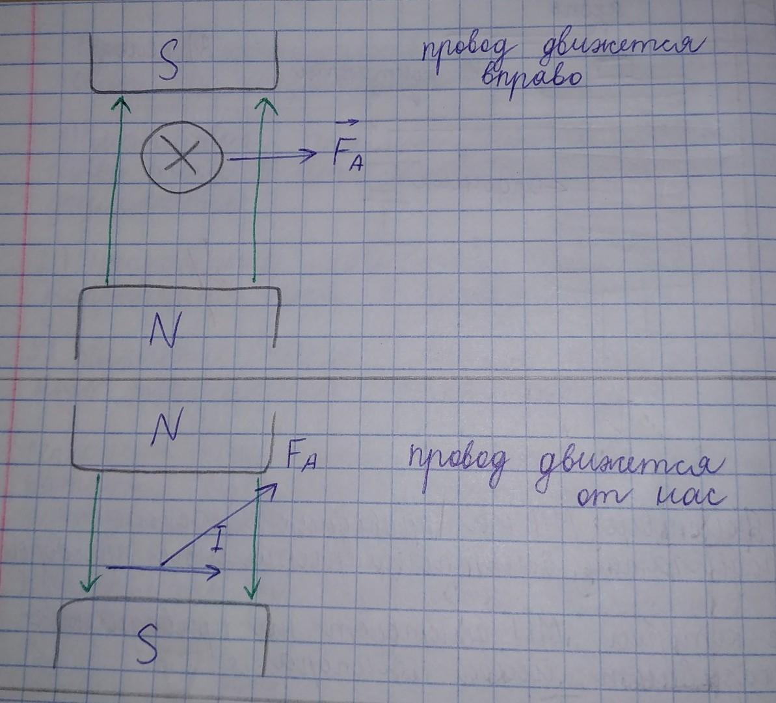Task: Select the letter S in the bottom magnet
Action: point(147,644)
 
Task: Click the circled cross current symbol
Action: point(181,158)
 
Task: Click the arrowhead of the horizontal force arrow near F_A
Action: point(310,155)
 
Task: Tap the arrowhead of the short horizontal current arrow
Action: point(217,572)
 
